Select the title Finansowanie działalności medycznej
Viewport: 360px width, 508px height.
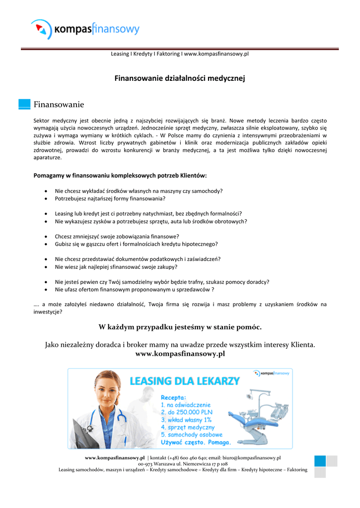coord(180,78)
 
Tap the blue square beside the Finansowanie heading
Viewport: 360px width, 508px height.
coord(24,104)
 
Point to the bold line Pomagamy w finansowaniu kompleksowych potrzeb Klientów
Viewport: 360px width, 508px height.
coord(120,175)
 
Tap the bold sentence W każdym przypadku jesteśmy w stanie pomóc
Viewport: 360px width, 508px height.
coord(180,326)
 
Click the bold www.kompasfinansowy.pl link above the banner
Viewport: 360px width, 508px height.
coord(180,354)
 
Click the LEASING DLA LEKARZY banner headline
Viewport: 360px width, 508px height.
coord(184,381)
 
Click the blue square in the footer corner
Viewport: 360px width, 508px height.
coord(320,461)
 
